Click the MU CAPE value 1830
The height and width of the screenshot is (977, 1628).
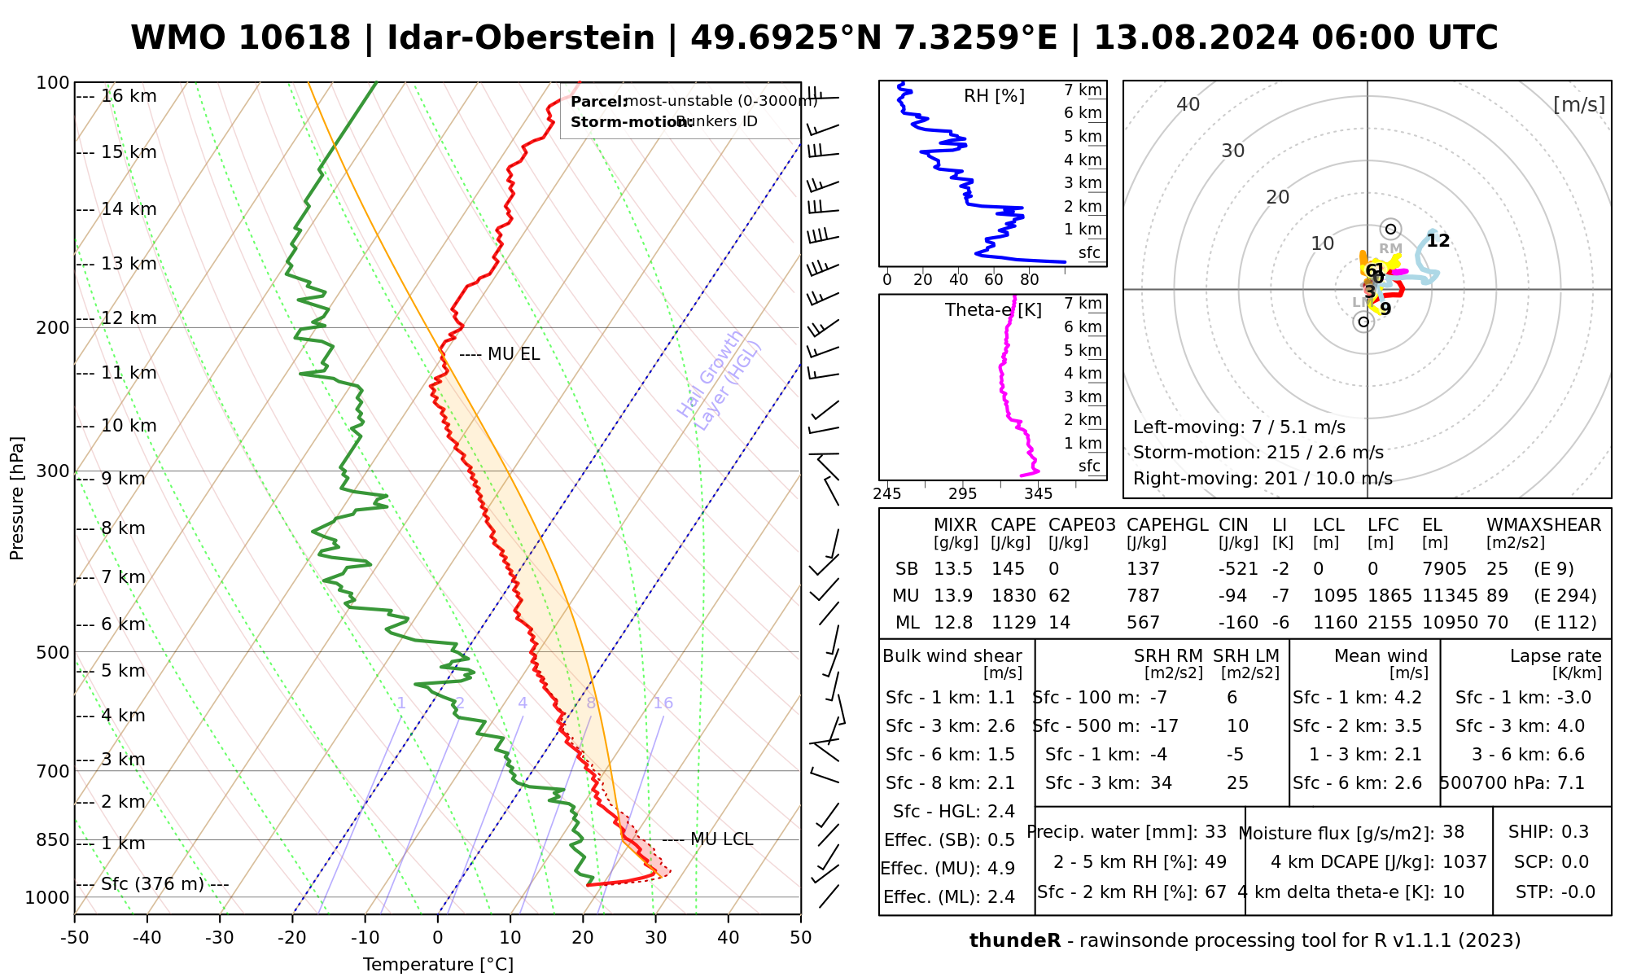pyautogui.click(x=1013, y=596)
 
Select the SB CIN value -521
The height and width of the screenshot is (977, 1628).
pyautogui.click(x=1238, y=569)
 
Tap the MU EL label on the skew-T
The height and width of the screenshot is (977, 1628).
pyautogui.click(x=513, y=354)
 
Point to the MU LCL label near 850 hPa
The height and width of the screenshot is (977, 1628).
pyautogui.click(x=721, y=839)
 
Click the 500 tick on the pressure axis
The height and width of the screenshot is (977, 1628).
pyautogui.click(x=54, y=652)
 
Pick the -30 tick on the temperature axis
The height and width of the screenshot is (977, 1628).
pyautogui.click(x=220, y=938)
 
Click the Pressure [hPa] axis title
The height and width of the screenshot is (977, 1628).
pyautogui.click(x=17, y=498)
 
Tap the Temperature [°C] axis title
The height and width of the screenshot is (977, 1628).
pyautogui.click(x=438, y=965)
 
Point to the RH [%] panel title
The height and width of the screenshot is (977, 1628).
pyautogui.click(x=994, y=96)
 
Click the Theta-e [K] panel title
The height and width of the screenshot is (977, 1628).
pyautogui.click(x=993, y=310)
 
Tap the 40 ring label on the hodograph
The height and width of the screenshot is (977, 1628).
pyautogui.click(x=1188, y=104)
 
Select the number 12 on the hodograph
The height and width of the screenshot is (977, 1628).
pyautogui.click(x=1438, y=241)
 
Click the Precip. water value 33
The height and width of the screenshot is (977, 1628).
pyautogui.click(x=1215, y=832)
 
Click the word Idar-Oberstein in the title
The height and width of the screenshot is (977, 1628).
pyautogui.click(x=521, y=38)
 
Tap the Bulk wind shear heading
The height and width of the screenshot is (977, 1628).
pyautogui.click(x=952, y=656)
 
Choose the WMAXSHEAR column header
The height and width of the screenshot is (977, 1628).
pyautogui.click(x=1543, y=525)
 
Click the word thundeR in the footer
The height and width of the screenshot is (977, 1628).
pyautogui.click(x=1014, y=941)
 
